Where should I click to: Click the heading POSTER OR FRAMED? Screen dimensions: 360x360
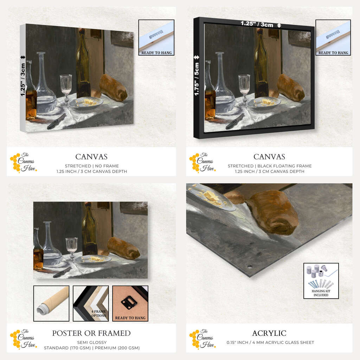(x=91, y=333)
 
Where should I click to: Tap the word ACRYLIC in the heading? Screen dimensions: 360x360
(x=269, y=333)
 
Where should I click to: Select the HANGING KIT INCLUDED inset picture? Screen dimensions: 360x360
(x=321, y=281)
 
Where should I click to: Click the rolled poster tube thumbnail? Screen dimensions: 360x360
(x=51, y=303)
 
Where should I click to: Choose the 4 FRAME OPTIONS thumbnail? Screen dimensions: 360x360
(x=91, y=303)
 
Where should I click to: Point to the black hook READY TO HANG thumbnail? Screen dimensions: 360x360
(x=130, y=303)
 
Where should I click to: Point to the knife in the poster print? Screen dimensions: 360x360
(x=62, y=272)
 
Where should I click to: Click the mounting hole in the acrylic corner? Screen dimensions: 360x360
(x=250, y=266)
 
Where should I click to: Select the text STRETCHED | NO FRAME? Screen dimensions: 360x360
(x=92, y=166)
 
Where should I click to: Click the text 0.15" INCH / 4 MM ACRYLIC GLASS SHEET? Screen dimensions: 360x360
(x=270, y=342)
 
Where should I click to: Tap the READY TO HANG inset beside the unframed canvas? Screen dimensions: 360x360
(x=156, y=37)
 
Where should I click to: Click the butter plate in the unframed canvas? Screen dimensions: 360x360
(x=86, y=102)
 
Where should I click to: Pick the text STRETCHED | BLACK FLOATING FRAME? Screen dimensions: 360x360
(x=270, y=166)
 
